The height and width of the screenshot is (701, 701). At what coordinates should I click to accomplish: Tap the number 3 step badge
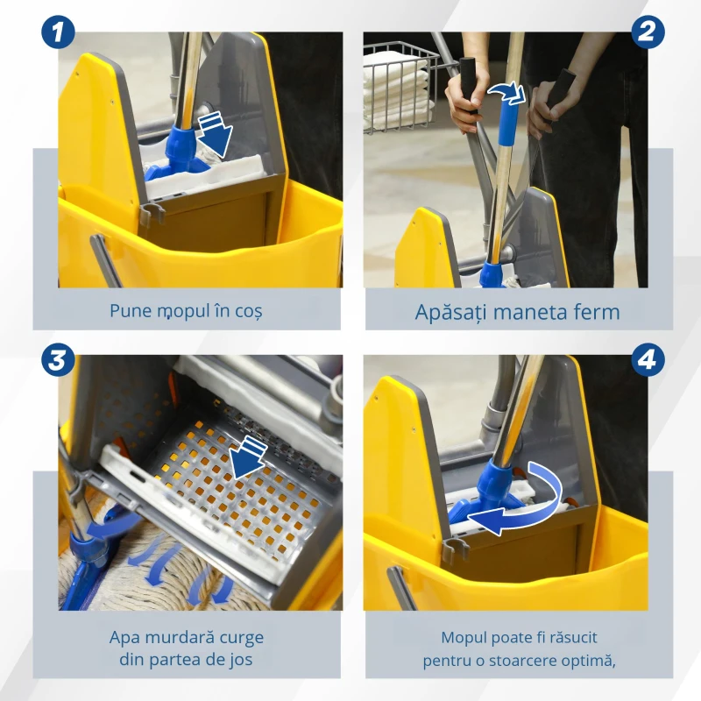coord(58,361)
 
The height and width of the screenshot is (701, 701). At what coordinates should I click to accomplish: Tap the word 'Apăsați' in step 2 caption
coord(450,311)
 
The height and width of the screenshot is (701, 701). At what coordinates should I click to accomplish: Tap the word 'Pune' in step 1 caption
coord(128,310)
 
